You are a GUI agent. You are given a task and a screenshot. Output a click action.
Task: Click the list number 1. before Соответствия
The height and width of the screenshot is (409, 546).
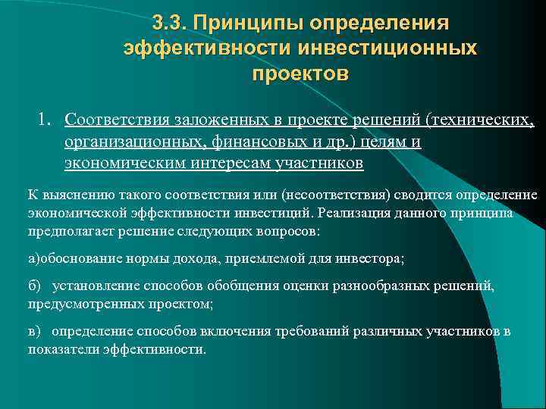(x=45, y=119)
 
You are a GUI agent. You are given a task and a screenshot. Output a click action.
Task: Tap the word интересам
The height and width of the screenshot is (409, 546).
(x=214, y=163)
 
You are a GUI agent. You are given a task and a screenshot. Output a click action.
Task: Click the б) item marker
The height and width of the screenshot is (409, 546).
(x=34, y=286)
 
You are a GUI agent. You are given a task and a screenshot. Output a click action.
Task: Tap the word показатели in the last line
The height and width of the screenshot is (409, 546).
(x=63, y=349)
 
